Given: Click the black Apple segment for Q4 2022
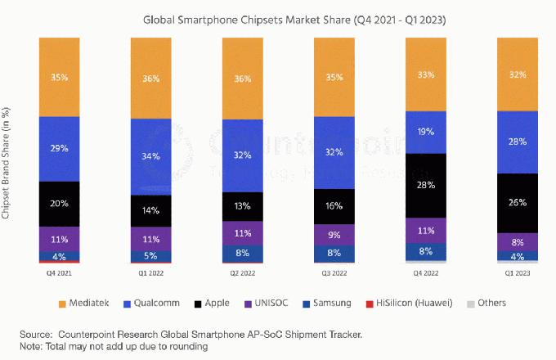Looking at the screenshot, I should [x=426, y=185].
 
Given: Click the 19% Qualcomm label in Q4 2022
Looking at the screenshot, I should [x=426, y=131].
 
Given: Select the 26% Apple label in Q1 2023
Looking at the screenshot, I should [x=518, y=202].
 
